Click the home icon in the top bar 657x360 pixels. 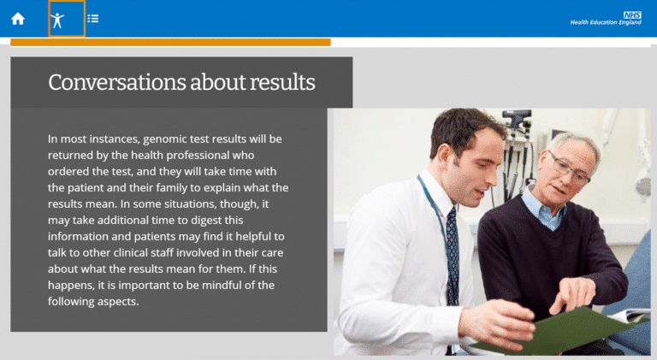point(18,19)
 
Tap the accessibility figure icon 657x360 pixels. point(57,20)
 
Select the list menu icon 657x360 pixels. point(93,19)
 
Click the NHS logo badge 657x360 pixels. point(632,15)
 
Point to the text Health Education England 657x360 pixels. point(606,22)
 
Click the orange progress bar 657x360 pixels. point(170,42)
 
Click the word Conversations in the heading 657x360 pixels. point(117,82)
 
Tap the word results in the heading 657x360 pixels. point(282,82)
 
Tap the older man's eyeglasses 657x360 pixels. point(568,168)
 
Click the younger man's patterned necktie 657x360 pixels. point(453,256)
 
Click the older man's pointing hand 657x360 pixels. point(572,295)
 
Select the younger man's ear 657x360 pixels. point(445,156)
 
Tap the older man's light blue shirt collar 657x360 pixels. point(545,210)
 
